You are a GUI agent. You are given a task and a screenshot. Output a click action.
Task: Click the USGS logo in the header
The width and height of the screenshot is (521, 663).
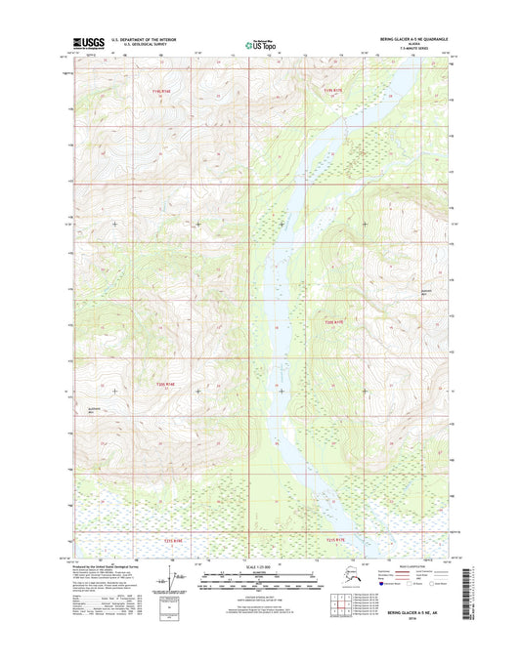pyautogui.click(x=88, y=43)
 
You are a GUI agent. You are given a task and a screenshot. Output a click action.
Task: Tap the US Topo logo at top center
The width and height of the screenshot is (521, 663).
pyautogui.click(x=259, y=44)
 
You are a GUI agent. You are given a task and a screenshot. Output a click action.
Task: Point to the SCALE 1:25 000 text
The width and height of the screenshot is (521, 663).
pyautogui.click(x=260, y=566)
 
